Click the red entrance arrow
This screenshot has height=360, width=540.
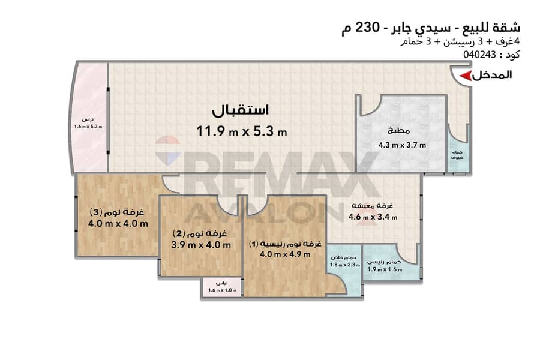[x=466, y=76]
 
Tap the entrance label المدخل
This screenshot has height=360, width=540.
[x=492, y=75]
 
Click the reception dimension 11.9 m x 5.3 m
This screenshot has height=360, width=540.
[x=241, y=131]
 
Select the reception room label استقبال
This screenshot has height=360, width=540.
[x=240, y=110]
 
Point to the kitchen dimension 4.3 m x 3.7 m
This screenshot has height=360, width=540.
[x=402, y=145]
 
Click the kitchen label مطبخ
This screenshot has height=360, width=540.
[x=398, y=131]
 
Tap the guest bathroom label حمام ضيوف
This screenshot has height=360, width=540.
[x=457, y=155]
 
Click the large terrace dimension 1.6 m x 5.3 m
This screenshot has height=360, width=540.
[x=88, y=127]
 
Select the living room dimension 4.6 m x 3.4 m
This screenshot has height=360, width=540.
[x=373, y=217]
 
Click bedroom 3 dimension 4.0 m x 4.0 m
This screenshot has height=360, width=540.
[x=118, y=224]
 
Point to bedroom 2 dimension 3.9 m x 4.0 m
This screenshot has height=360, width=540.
[x=201, y=245]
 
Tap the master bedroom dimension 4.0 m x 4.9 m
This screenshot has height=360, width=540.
[x=285, y=254]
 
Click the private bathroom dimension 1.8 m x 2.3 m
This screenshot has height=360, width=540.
[x=345, y=265]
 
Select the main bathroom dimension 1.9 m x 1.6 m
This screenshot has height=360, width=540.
[x=385, y=269]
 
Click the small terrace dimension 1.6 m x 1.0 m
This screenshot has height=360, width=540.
[x=222, y=290]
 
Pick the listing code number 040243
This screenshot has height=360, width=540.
[x=479, y=55]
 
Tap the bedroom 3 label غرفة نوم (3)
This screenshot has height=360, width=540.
[x=117, y=212]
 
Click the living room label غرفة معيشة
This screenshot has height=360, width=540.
[x=372, y=206]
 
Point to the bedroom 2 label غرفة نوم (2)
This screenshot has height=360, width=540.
[x=200, y=233]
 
